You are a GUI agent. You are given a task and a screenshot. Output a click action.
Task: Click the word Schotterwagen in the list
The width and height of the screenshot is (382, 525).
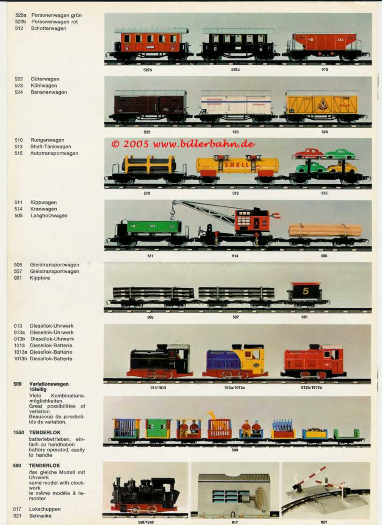(x=48, y=29)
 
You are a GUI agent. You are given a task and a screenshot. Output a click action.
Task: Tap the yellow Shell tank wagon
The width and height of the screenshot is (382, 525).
(x=237, y=165)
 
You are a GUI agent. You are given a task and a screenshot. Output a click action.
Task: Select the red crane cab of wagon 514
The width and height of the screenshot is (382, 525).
(x=251, y=220)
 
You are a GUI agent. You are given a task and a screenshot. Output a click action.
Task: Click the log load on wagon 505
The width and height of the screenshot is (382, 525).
(x=325, y=230)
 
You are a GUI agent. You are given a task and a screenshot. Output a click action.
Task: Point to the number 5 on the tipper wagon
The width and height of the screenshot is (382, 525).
(x=305, y=291)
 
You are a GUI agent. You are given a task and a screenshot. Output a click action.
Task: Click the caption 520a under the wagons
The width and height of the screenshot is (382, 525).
(x=235, y=69)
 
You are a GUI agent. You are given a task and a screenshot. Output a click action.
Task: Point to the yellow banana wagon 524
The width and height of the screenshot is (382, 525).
(x=322, y=105)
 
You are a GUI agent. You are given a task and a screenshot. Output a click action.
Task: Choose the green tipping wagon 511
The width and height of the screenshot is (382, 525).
(x=154, y=227)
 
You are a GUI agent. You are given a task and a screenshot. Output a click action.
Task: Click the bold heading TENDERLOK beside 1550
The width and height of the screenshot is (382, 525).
(x=44, y=433)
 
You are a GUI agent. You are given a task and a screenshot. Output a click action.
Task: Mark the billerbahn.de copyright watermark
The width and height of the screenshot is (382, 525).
(x=184, y=144)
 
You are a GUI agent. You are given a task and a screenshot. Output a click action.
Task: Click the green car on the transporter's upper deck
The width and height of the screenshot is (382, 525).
(x=340, y=154)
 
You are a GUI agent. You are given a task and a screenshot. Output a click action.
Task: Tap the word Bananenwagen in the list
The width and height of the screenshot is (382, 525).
(x=49, y=92)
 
